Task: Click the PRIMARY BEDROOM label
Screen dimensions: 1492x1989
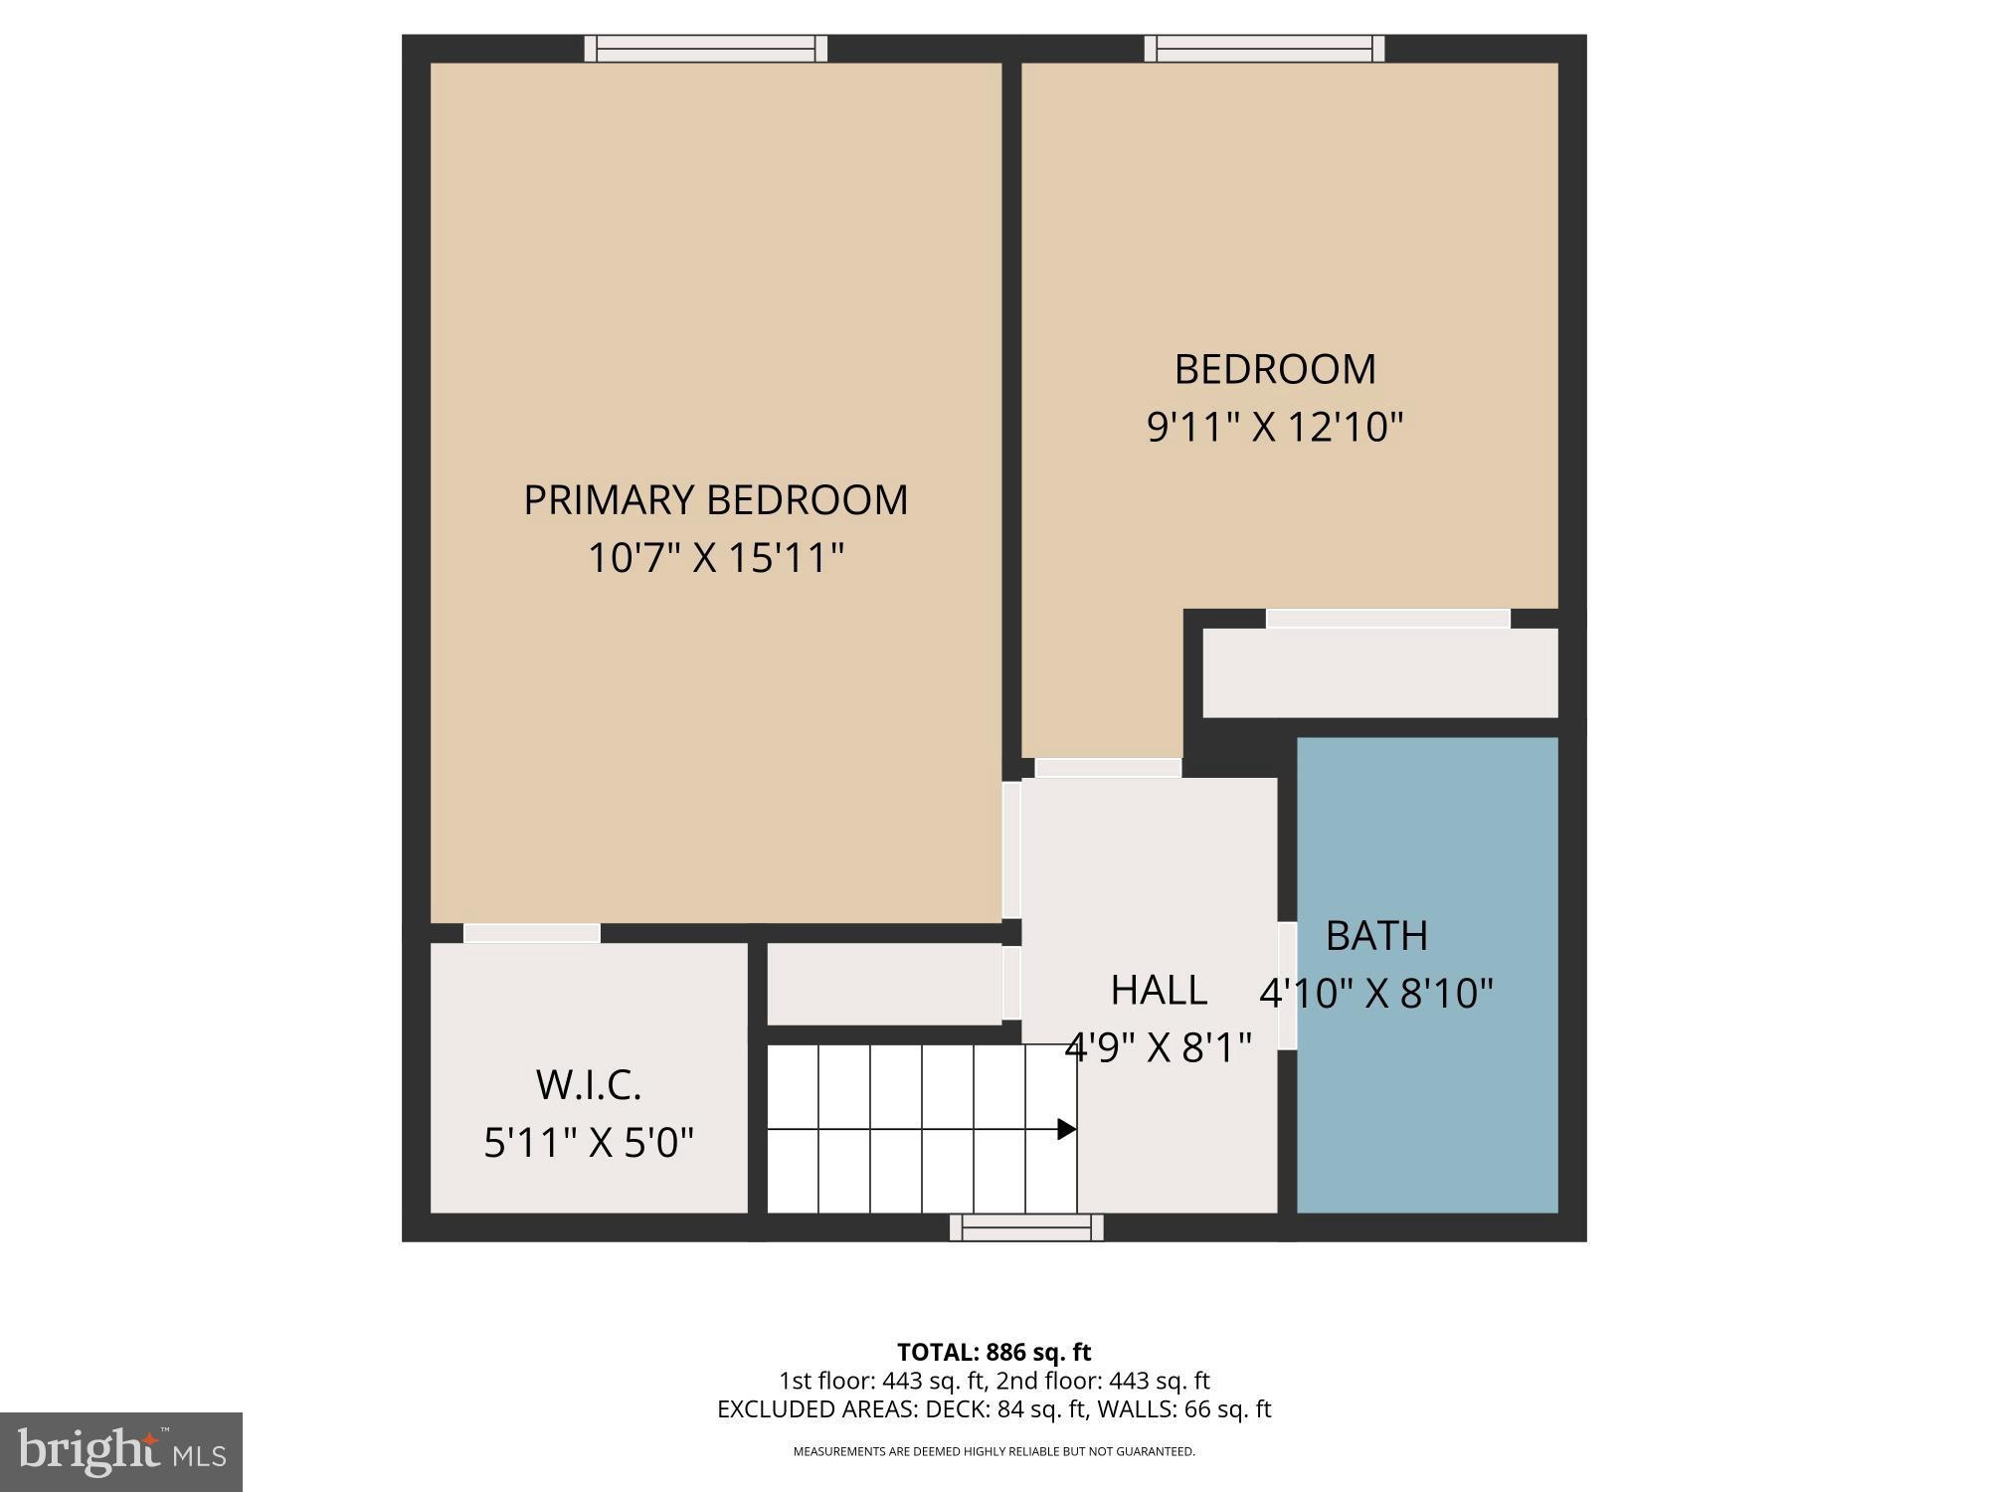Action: click(715, 499)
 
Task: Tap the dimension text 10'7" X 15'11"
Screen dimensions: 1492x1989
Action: click(715, 558)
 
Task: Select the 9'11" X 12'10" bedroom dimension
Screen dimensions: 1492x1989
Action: click(1274, 428)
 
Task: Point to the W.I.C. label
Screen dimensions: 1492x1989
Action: click(589, 1084)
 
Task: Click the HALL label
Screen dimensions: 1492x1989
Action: click(1159, 990)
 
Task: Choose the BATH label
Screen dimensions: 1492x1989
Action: click(1376, 935)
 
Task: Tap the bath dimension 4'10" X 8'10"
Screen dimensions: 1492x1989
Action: click(1376, 993)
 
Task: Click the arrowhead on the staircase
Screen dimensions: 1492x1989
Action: click(1066, 1129)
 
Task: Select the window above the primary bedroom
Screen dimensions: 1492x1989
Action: click(705, 48)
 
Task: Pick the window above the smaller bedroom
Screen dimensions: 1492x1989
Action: click(1264, 48)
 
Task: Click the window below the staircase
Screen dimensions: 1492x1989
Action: click(1026, 1228)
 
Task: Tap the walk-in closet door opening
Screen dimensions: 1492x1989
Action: click(531, 933)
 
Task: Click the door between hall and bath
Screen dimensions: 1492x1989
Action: click(1287, 986)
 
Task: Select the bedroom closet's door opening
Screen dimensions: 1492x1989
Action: click(1387, 619)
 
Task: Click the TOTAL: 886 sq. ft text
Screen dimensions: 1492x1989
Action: click(994, 1353)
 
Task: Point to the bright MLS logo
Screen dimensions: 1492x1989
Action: click(120, 1452)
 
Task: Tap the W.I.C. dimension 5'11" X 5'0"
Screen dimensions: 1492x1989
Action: click(589, 1142)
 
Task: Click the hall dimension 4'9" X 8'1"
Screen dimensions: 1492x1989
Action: click(1159, 1046)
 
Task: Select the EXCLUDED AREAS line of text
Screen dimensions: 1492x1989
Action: click(994, 1409)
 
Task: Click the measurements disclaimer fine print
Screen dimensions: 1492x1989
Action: click(994, 1451)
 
